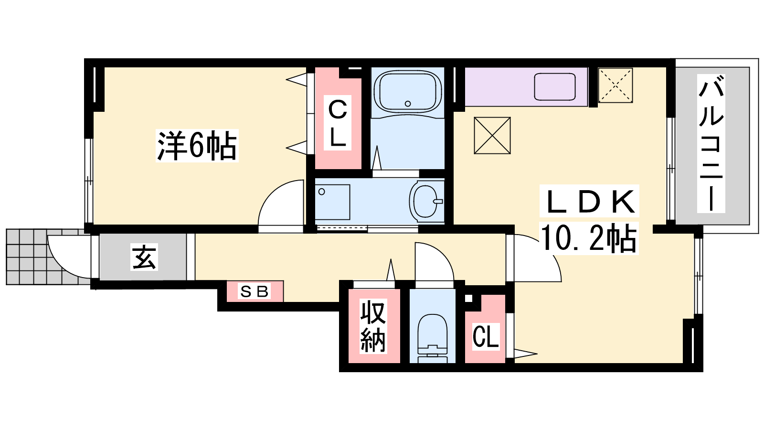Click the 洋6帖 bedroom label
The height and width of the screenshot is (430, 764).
click(197, 146)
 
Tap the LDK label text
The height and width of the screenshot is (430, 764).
click(589, 202)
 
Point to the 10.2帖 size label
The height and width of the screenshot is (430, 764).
click(589, 238)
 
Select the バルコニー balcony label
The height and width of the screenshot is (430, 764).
click(711, 144)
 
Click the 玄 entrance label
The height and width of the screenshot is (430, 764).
click(144, 257)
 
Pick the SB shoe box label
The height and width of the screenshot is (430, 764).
click(255, 291)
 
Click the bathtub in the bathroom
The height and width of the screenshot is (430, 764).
click(408, 91)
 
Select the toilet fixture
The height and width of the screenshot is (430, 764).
click(432, 338)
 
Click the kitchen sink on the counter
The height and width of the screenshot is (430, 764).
click(554, 87)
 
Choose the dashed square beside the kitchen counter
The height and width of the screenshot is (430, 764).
click(615, 86)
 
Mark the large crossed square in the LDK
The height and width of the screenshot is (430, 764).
click(492, 136)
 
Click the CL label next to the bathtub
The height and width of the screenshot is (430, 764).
click(337, 124)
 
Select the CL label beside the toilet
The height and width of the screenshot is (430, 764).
click(486, 336)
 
